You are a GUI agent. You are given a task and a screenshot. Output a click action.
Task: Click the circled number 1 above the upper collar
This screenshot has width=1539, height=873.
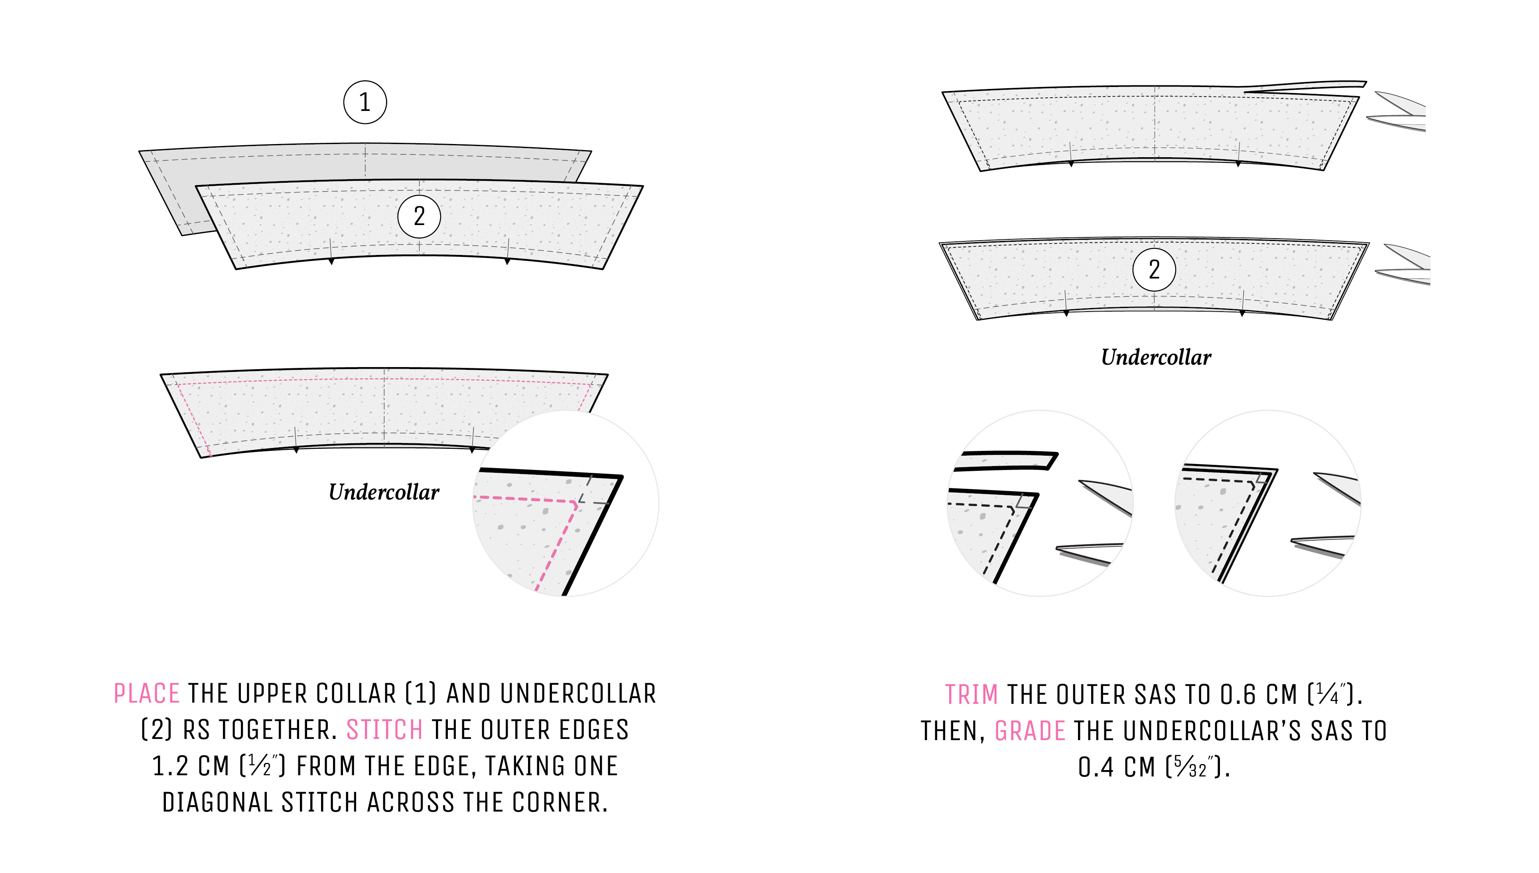coord(365,103)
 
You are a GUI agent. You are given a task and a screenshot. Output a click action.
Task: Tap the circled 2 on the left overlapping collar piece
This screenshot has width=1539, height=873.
coord(419,216)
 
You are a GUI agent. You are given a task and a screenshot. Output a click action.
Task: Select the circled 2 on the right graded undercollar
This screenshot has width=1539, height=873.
coord(1154,270)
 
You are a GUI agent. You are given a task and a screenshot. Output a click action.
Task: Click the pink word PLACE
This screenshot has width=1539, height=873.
coord(147,694)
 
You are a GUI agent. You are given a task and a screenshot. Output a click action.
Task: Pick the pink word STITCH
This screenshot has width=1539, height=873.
coord(385,730)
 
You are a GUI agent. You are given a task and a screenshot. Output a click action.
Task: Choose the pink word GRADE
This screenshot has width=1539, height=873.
coord(1030,731)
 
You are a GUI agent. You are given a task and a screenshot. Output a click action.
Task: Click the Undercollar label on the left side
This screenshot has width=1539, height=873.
coord(384,492)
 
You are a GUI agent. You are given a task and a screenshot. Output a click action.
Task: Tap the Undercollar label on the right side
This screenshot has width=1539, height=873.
coord(1155,357)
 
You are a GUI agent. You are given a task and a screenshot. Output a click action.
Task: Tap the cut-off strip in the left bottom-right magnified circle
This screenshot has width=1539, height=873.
coord(1007,460)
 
